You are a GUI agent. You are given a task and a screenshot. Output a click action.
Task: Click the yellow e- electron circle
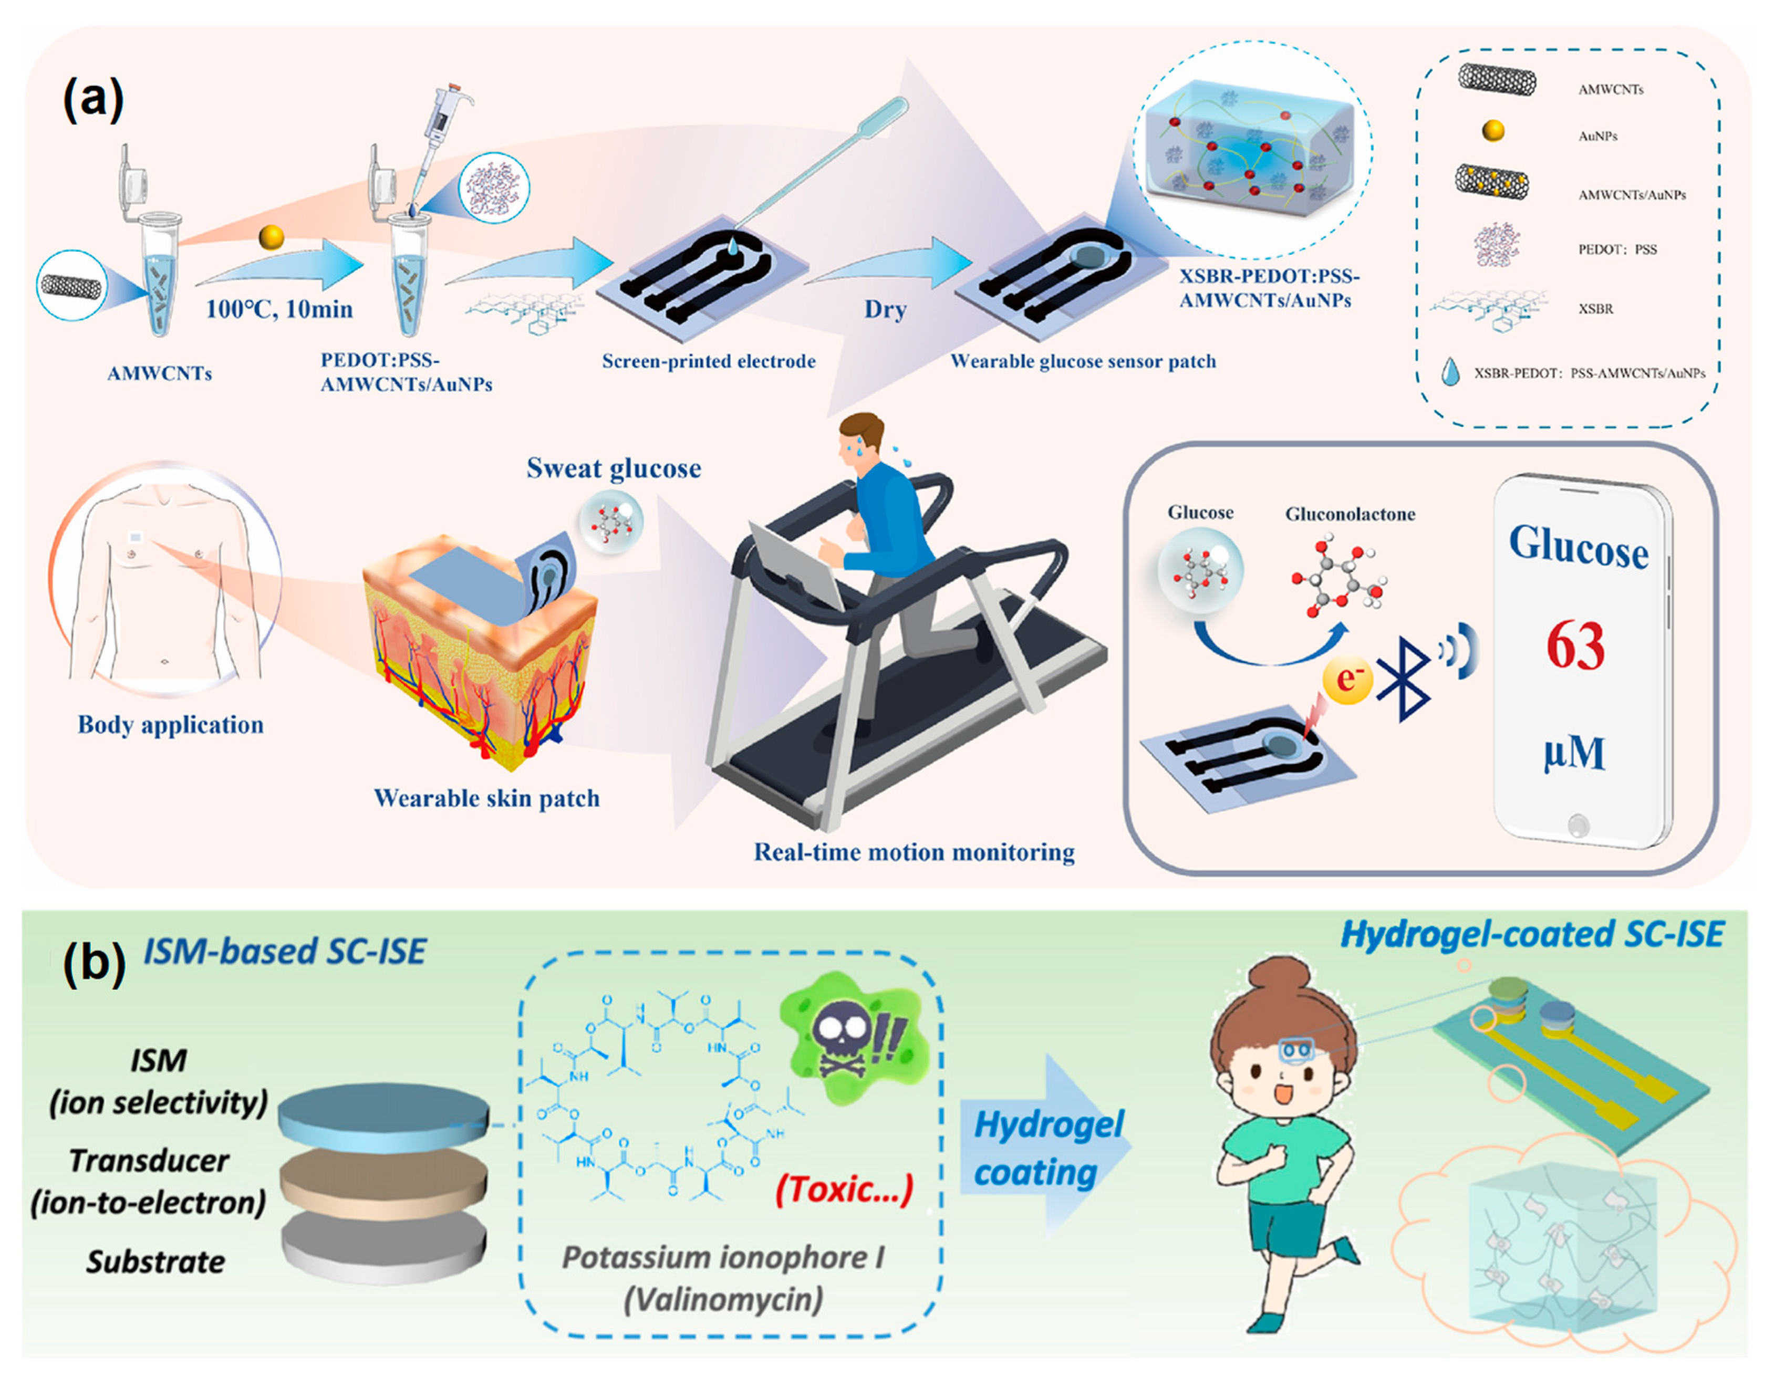click(x=1347, y=679)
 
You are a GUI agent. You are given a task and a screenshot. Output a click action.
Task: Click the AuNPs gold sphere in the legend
click(x=1493, y=131)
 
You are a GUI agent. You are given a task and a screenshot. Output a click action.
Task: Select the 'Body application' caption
click(x=171, y=724)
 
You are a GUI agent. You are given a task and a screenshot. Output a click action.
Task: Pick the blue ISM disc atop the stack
click(x=383, y=1119)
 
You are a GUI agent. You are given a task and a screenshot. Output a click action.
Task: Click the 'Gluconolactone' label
click(x=1350, y=514)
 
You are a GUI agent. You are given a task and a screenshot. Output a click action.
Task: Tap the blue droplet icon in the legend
click(x=1450, y=373)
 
